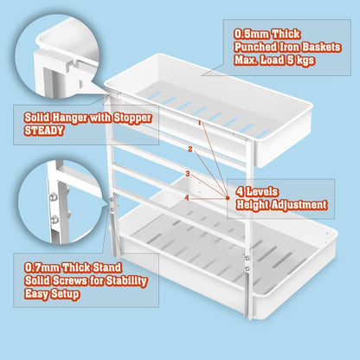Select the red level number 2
[190, 150]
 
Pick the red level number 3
[188, 174]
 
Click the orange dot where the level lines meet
[228, 196]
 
